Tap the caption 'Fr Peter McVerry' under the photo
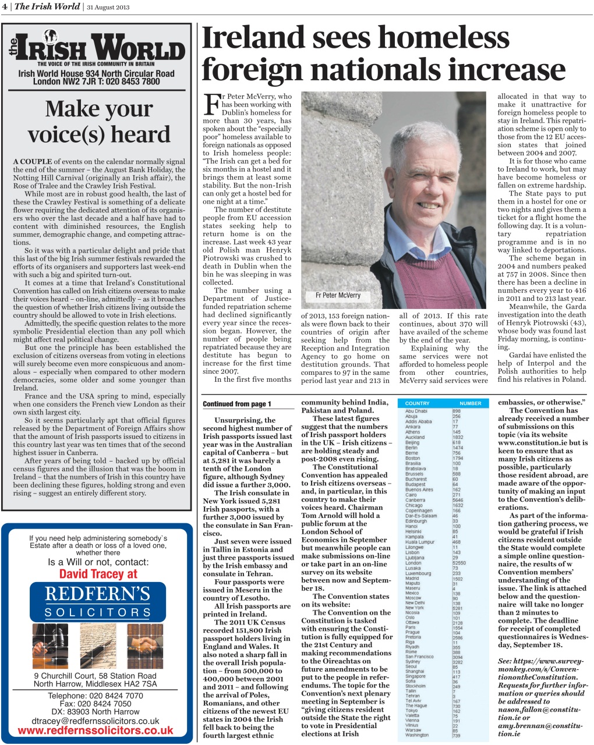click(x=338, y=295)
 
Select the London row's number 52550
click(x=459, y=563)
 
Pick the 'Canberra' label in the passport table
click(x=415, y=500)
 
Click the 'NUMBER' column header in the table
click(x=470, y=403)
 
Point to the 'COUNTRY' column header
click(x=417, y=403)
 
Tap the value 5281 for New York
click(x=458, y=608)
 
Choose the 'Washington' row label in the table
click(x=417, y=735)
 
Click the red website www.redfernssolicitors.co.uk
click(x=96, y=730)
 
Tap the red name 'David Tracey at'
click(x=98, y=574)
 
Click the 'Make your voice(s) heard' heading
click(x=99, y=121)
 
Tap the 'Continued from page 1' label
click(x=237, y=404)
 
